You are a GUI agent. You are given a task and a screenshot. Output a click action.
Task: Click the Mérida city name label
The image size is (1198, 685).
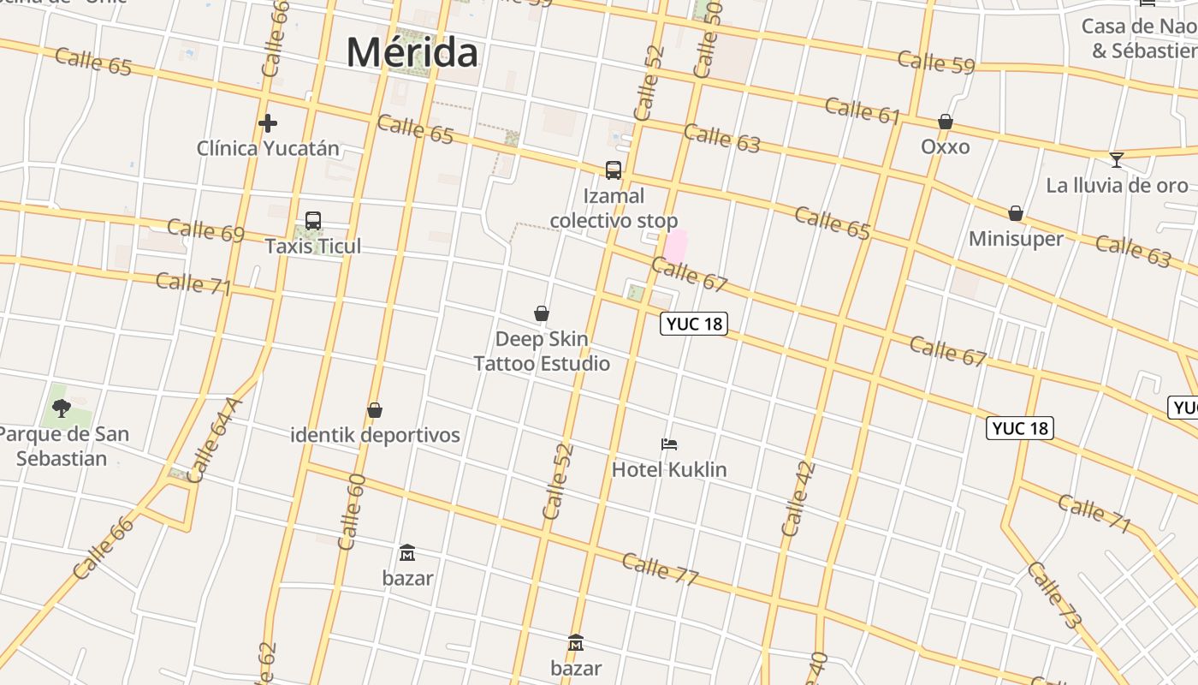pos(412,52)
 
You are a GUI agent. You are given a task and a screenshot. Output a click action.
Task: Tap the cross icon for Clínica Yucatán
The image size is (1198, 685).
pos(268,123)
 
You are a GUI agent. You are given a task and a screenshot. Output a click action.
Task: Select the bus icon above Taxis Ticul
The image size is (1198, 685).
pos(313,221)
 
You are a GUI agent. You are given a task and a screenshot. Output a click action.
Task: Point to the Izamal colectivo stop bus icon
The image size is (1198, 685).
pos(614,170)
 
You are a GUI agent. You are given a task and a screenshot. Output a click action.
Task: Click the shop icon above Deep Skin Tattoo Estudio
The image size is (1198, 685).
pos(542,313)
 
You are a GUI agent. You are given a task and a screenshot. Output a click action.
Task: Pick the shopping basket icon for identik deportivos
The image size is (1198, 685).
pos(375,410)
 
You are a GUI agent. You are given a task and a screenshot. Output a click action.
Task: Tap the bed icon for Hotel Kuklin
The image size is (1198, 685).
pos(669,444)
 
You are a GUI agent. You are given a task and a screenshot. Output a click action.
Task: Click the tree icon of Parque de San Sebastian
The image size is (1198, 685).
pos(61,408)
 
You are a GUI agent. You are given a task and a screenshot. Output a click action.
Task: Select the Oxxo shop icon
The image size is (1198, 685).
pos(946,122)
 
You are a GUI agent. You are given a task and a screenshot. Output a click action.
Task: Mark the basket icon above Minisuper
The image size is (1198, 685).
pos(1016,212)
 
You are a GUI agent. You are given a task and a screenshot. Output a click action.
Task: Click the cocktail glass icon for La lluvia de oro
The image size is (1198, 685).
pos(1117,159)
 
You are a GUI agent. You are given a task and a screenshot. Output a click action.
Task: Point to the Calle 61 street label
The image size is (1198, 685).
pos(863,110)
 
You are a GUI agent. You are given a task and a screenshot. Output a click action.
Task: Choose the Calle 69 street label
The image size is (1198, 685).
pos(206,230)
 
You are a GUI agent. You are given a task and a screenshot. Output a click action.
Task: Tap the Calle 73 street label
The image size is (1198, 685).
pos(1056,595)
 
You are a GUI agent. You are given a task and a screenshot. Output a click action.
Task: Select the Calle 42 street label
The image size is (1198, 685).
pos(798,499)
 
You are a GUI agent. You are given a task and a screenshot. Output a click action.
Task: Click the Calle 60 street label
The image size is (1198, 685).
pos(352,511)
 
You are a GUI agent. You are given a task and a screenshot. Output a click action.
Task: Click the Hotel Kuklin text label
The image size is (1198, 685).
pos(669,469)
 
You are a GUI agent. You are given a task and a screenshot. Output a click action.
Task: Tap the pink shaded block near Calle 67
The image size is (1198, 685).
pos(676,247)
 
